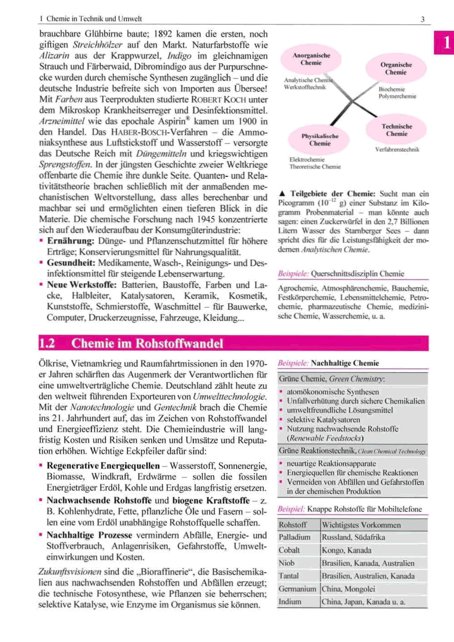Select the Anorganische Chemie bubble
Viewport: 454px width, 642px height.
coord(311,59)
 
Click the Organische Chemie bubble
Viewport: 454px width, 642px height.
coord(396,69)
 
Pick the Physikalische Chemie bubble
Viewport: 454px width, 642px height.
coord(319,140)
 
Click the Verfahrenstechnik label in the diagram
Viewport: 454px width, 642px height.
coord(397,150)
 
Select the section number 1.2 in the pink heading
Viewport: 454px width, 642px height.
coord(47,343)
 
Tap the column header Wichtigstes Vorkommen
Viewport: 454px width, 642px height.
coord(361,525)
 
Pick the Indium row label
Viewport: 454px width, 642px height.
coord(290,602)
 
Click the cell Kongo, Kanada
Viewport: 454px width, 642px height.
coord(346,550)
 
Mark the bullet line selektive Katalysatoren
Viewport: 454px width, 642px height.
coord(323,420)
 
